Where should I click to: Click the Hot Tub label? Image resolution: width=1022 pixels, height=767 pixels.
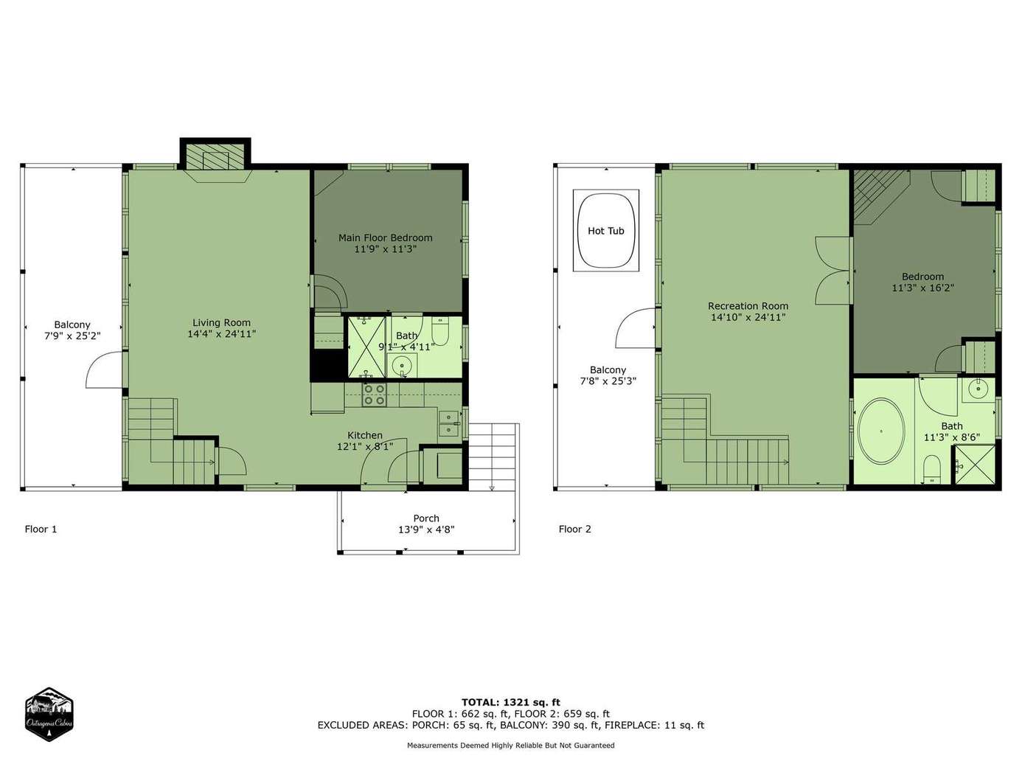pyautogui.click(x=605, y=231)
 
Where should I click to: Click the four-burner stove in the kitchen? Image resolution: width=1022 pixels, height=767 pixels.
pyautogui.click(x=375, y=395)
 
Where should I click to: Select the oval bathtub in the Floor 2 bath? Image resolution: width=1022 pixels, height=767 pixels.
pyautogui.click(x=881, y=431)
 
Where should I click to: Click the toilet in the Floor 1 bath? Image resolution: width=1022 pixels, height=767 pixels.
pyautogui.click(x=440, y=330)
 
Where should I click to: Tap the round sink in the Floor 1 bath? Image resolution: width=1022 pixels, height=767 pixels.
pyautogui.click(x=401, y=366)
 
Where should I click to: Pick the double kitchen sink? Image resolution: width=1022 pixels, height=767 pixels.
pyautogui.click(x=448, y=424)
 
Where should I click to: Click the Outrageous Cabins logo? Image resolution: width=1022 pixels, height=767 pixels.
pyautogui.click(x=49, y=715)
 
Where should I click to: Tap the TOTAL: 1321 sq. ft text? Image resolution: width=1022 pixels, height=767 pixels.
pyautogui.click(x=511, y=702)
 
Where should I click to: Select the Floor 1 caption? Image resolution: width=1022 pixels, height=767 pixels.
pyautogui.click(x=41, y=529)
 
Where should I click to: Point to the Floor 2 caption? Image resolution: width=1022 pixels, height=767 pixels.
pyautogui.click(x=574, y=529)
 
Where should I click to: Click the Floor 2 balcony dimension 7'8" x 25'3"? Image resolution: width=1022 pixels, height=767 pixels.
pyautogui.click(x=608, y=381)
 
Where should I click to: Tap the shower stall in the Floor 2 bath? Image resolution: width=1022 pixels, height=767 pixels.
pyautogui.click(x=975, y=465)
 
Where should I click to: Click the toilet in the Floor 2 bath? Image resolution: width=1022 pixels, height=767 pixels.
pyautogui.click(x=932, y=470)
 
